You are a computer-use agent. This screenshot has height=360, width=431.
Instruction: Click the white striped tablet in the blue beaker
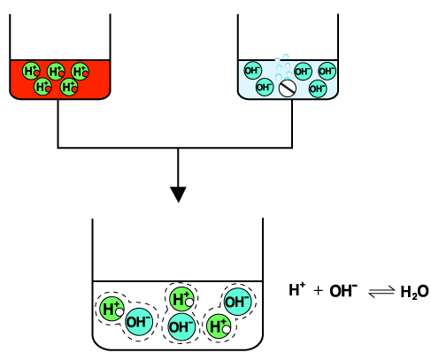click(x=288, y=88)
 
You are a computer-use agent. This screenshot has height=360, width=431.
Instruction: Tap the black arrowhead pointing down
click(x=178, y=195)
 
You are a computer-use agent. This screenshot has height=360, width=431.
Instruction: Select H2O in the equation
click(x=414, y=292)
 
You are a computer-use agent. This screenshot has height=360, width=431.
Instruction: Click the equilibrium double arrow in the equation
click(x=381, y=292)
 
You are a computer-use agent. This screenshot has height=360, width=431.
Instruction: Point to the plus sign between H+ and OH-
click(x=319, y=291)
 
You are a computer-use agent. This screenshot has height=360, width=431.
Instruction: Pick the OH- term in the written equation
click(x=343, y=291)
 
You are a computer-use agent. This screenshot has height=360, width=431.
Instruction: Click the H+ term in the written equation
click(x=296, y=289)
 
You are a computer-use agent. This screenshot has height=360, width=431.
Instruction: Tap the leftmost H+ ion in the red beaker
click(x=31, y=71)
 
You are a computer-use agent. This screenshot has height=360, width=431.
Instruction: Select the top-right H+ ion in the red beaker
click(x=80, y=72)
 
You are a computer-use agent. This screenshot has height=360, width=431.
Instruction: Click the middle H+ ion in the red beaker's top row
click(x=56, y=72)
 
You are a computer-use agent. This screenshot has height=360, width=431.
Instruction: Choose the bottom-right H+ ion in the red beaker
click(x=69, y=87)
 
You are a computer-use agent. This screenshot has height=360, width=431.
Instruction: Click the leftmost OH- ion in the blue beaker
click(x=253, y=71)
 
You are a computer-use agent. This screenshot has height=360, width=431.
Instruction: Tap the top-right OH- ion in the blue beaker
click(x=327, y=71)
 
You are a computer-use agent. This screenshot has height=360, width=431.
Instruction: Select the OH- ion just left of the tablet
click(x=265, y=87)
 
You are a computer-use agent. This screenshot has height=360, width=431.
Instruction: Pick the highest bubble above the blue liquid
click(x=286, y=57)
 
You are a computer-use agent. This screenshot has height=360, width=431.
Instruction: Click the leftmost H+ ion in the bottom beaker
click(x=112, y=309)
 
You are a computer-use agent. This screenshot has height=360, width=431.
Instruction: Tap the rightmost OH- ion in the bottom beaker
click(x=238, y=302)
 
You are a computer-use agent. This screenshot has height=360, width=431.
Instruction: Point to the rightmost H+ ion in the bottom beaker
click(x=219, y=326)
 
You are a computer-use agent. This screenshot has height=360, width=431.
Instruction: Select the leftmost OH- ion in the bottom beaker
click(x=139, y=322)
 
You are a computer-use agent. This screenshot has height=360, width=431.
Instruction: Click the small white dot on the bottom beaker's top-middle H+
click(x=189, y=303)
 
